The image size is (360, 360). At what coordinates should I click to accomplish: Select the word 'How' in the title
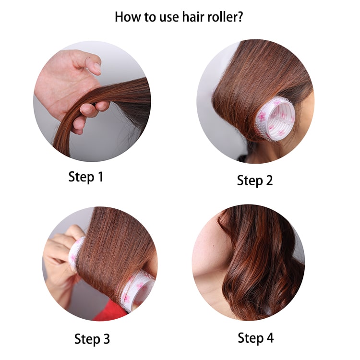128,17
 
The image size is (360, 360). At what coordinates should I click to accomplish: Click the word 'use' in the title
169,18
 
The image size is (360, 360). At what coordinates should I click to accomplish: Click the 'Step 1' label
85,177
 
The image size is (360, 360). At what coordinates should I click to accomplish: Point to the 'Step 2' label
255,180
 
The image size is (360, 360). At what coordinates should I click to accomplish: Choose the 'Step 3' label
92,339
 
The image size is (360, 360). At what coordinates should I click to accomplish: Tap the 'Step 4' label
255,338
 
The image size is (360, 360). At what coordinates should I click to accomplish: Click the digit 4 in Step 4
269,338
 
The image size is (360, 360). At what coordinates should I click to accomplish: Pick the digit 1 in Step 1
100,177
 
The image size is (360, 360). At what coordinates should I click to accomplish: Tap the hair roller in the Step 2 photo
275,118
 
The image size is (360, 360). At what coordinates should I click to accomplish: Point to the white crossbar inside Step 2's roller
281,117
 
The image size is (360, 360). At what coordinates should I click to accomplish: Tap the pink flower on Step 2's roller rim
262,117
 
